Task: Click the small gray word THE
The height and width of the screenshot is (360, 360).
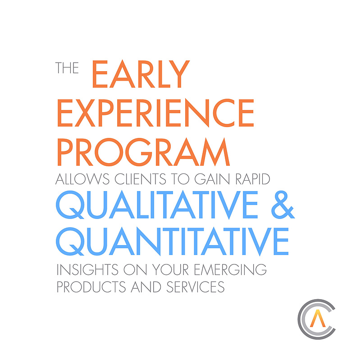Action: tap(67, 68)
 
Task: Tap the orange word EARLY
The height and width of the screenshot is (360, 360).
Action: tap(141, 74)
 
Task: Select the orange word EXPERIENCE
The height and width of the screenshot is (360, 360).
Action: tap(155, 113)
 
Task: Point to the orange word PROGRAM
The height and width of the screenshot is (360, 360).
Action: tap(143, 152)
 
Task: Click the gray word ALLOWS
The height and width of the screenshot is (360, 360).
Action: tap(82, 179)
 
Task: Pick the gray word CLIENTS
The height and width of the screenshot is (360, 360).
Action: tap(140, 179)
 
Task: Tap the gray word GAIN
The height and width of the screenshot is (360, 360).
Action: tap(212, 179)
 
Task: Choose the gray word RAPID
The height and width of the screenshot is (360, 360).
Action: tap(253, 179)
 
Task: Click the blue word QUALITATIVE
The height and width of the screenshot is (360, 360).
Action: tap(157, 205)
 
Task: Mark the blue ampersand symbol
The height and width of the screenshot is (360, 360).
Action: tap(283, 205)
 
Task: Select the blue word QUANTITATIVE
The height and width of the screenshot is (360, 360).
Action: tap(172, 242)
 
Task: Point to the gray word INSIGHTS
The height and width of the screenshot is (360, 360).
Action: tap(87, 269)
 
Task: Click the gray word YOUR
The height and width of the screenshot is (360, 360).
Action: tap(170, 269)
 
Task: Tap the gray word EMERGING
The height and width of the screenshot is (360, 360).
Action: tap(230, 269)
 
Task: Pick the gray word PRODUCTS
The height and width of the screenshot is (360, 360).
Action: tap(91, 287)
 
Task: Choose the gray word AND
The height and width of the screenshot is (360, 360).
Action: tap(146, 287)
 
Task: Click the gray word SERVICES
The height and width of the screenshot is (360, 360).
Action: tap(196, 287)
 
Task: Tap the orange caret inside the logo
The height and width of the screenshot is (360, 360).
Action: tap(318, 319)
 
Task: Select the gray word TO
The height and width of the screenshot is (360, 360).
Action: tap(180, 179)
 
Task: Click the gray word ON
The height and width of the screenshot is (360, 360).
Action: tap(135, 269)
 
